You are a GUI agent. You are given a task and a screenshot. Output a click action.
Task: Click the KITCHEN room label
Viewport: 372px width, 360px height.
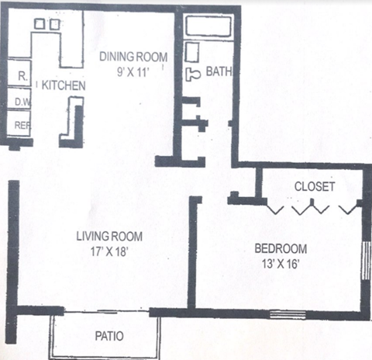pos(63,85)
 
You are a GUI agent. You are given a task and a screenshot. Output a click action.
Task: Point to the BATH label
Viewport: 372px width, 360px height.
pos(219,72)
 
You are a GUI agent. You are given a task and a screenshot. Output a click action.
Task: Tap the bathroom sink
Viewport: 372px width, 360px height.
pos(193,53)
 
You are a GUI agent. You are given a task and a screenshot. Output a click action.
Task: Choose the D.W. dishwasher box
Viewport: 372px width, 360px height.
pos(20,100)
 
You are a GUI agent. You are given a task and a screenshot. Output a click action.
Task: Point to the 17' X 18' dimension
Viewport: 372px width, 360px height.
pos(108,251)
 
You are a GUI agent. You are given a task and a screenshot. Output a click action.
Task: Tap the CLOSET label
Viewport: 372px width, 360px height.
pos(315,187)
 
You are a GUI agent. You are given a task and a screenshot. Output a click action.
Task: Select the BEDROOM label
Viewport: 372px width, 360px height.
pos(281,249)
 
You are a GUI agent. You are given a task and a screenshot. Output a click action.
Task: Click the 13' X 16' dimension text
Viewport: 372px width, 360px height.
pos(281,263)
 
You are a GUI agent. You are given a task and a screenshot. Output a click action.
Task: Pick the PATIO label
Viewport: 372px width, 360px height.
pos(109,336)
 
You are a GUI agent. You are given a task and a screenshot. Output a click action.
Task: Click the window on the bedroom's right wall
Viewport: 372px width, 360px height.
pos(367,260)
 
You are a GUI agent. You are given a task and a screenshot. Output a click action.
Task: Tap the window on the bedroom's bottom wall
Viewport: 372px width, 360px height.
pos(287,314)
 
